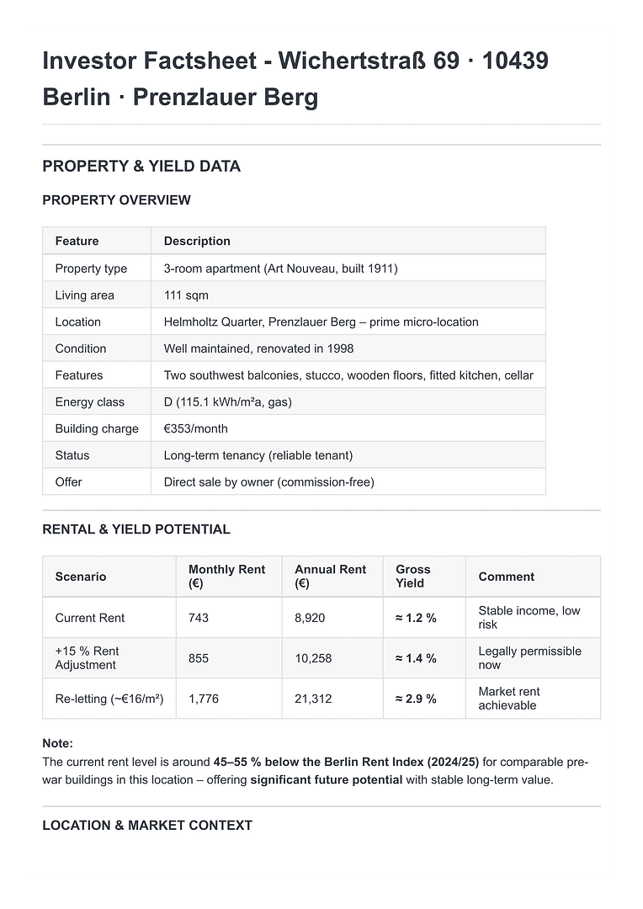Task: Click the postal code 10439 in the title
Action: [515, 61]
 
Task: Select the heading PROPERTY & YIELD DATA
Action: [141, 166]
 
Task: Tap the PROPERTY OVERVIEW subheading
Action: [116, 200]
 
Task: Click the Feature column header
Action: [77, 241]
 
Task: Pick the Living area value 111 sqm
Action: [186, 295]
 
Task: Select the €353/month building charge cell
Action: [195, 428]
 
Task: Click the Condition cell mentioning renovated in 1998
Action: [258, 348]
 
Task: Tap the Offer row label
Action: [69, 481]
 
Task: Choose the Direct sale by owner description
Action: [268, 481]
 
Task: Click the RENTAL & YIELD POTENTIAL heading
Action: [136, 529]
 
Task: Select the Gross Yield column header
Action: [412, 577]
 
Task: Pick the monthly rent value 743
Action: [199, 618]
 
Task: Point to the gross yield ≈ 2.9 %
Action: [416, 699]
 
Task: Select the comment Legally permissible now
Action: [529, 658]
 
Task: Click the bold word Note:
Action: [57, 743]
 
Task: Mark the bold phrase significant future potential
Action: [326, 779]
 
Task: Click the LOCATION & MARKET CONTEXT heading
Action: [147, 826]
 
